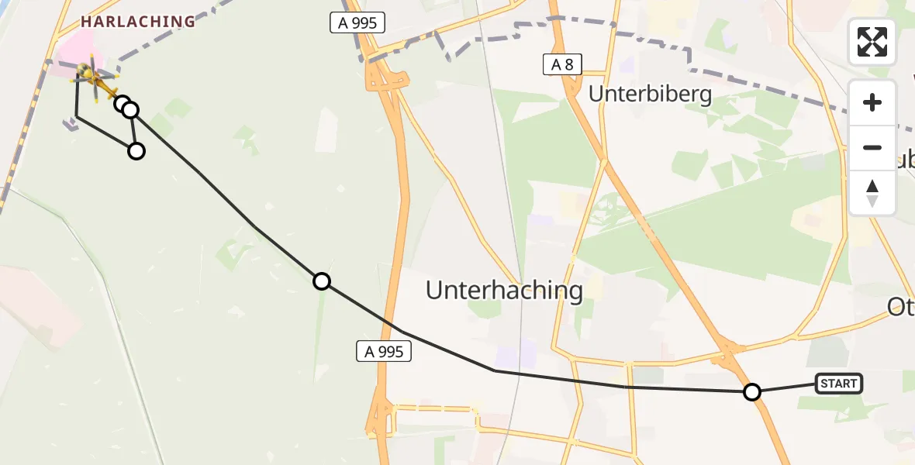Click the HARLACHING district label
137,22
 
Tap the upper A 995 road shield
357,23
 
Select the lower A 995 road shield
384,352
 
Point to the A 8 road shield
561,65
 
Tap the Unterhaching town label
504,291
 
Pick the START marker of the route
838,383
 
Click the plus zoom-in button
872,102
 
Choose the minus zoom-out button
872,147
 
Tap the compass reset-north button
872,193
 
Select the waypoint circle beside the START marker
751,392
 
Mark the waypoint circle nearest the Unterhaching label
322,281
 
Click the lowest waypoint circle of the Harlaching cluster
136,151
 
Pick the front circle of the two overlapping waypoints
130,110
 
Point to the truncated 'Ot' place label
901,308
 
